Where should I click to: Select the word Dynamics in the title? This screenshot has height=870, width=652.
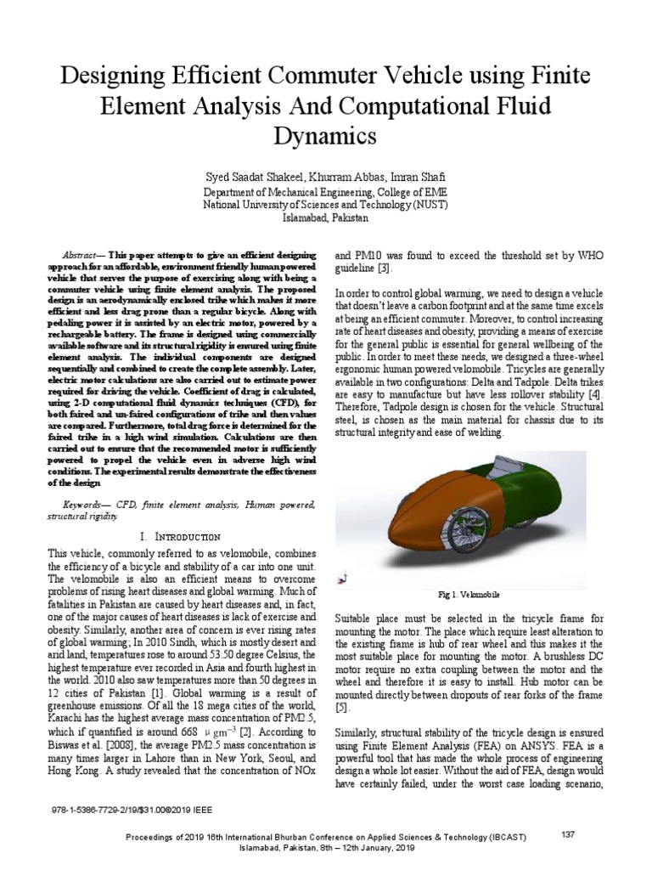tap(325, 135)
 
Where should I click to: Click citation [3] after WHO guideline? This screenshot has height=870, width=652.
tap(385, 268)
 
